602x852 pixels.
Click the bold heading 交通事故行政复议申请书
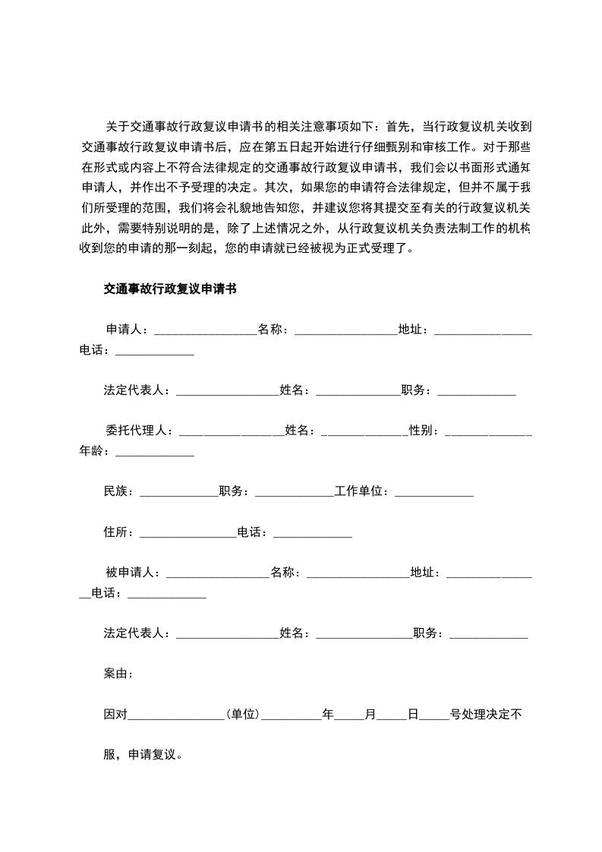169,289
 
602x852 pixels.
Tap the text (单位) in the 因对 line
243,715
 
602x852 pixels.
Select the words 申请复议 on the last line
152,756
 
